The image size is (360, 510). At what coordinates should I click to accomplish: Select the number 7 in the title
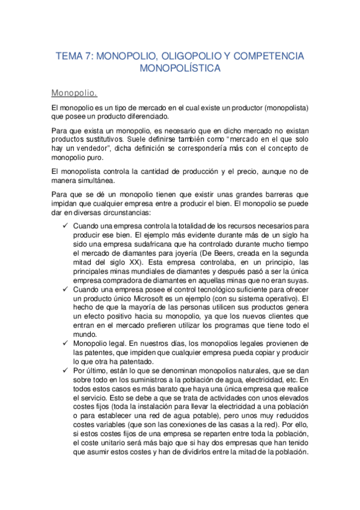(x=89, y=57)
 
